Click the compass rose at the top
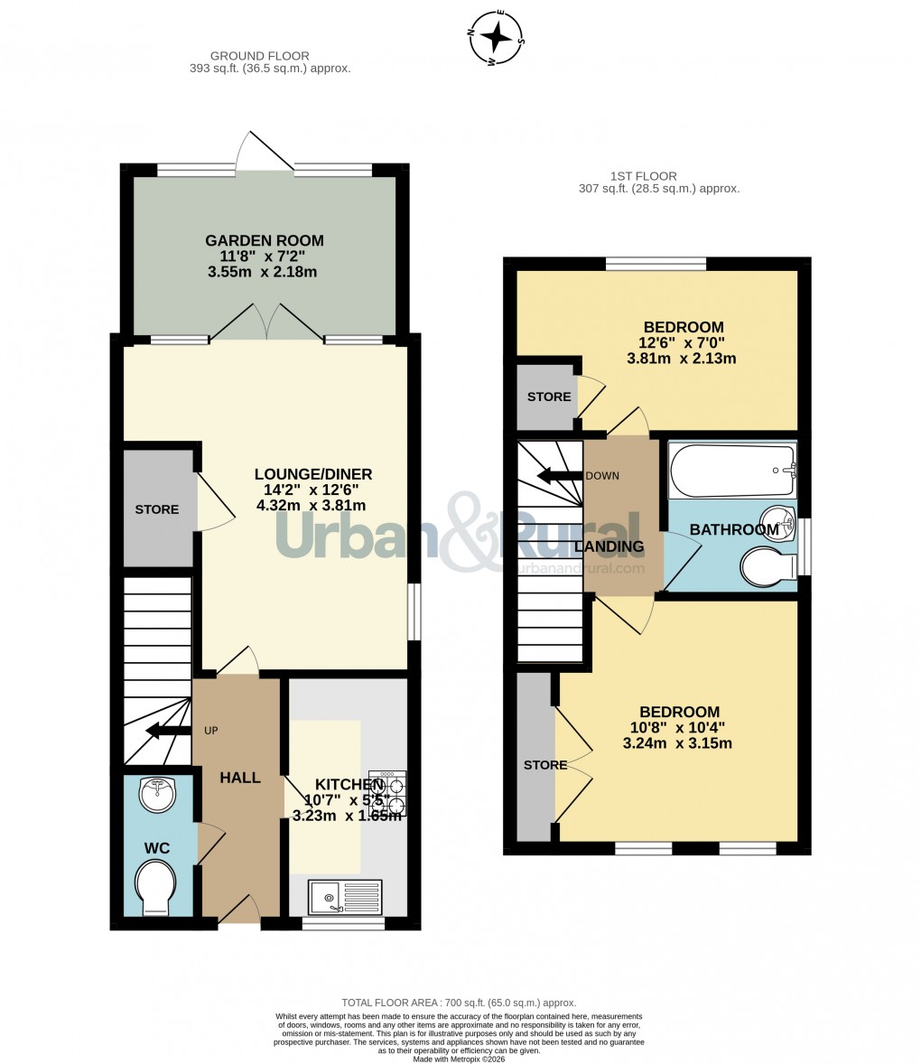(x=496, y=38)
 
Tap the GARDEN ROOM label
(x=264, y=240)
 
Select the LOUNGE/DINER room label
(x=312, y=474)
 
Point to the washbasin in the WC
(x=157, y=795)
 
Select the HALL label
(x=240, y=778)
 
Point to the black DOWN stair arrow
(x=558, y=476)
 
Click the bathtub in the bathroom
(x=732, y=470)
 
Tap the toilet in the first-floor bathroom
(x=766, y=569)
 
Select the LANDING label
(x=609, y=546)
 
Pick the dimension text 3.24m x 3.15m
(x=677, y=744)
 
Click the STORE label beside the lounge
(x=157, y=509)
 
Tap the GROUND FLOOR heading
(x=259, y=56)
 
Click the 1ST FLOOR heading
(x=643, y=176)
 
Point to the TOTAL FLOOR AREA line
(x=459, y=1003)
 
